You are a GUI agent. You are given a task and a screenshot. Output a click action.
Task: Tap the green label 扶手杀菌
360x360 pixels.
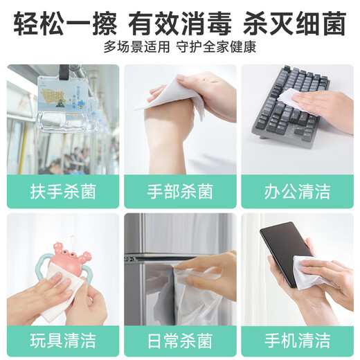click(x=63, y=192)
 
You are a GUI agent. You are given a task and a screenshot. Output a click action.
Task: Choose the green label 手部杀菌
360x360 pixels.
click(x=180, y=192)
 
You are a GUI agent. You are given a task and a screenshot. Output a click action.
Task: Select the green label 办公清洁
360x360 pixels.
click(x=297, y=192)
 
